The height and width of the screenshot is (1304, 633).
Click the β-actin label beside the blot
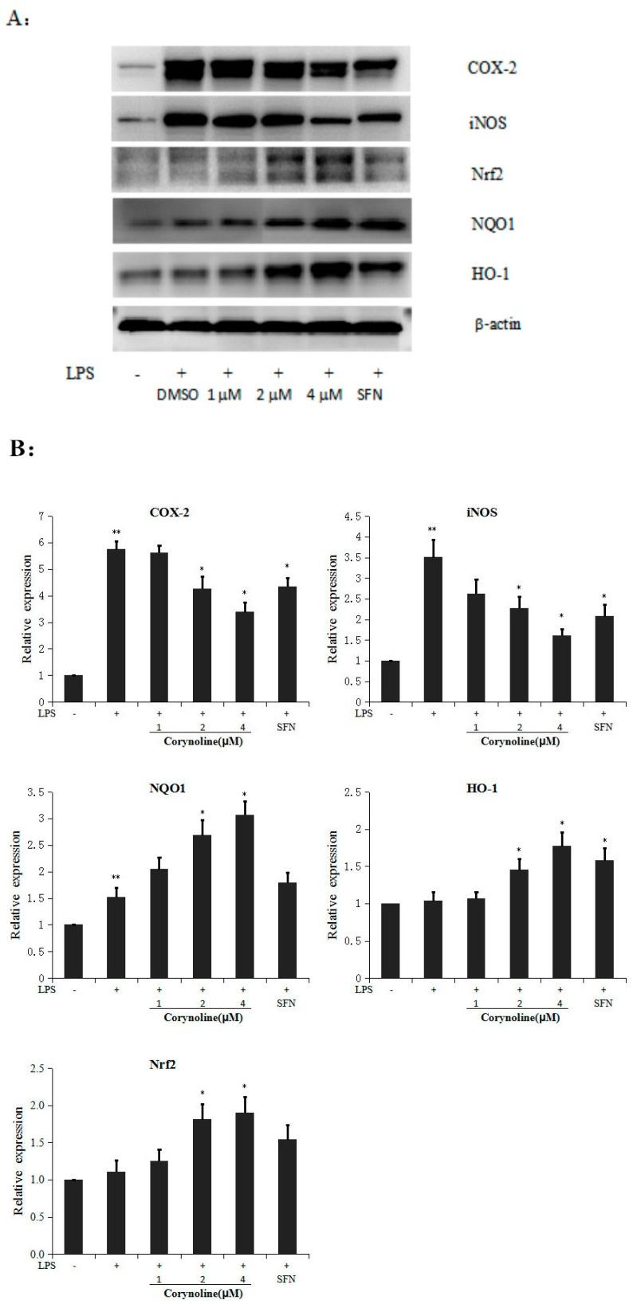[497, 324]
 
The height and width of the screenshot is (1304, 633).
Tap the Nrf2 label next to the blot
[484, 174]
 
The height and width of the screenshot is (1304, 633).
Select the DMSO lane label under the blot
[176, 395]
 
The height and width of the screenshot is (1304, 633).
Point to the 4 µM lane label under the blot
[323, 395]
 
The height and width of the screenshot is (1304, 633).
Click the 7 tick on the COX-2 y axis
[40, 516]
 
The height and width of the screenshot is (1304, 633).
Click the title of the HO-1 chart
[496, 788]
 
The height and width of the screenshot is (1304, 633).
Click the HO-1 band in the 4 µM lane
[324, 270]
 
